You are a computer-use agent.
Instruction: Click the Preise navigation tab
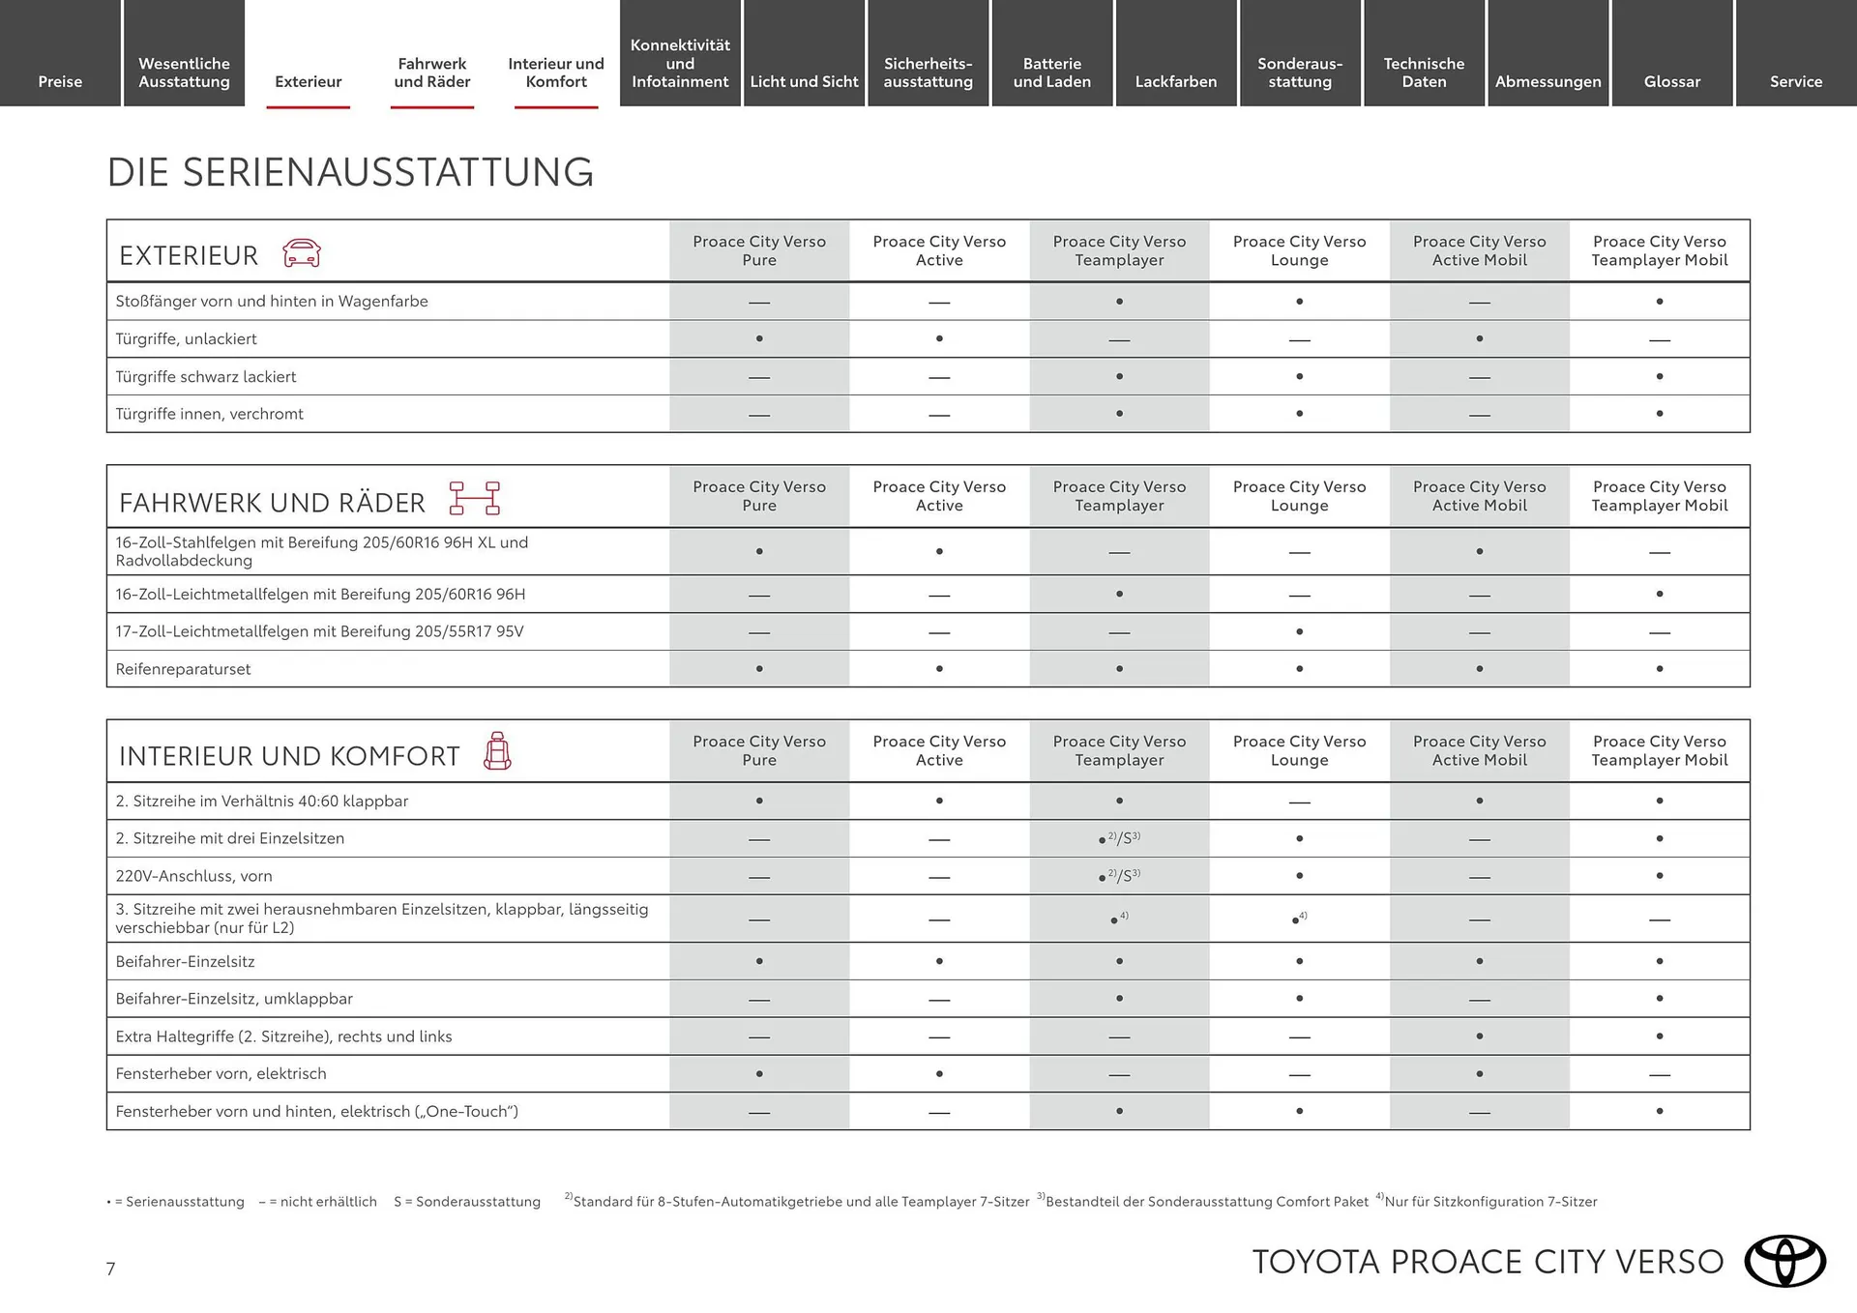(60, 81)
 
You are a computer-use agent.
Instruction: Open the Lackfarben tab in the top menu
(1175, 81)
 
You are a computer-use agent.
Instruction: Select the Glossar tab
(1671, 81)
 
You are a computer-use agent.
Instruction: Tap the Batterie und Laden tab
(1051, 73)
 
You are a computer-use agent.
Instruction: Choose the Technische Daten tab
(1424, 73)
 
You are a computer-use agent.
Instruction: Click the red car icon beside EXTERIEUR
(302, 253)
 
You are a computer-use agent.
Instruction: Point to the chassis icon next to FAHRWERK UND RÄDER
(474, 498)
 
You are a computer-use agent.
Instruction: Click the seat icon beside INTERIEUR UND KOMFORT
(497, 751)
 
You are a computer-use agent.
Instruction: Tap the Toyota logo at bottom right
(1784, 1261)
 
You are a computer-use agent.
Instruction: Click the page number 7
(111, 1269)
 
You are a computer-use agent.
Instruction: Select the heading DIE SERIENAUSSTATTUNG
(350, 172)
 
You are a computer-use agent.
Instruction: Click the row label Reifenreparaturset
(183, 669)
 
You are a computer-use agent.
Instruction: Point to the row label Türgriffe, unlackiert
(186, 339)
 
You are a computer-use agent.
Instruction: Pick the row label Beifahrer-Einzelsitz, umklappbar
(234, 999)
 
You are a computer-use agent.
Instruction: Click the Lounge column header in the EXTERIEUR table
(1299, 250)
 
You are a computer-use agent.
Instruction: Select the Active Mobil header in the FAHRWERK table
(1479, 496)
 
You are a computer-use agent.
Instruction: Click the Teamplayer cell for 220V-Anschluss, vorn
(1119, 876)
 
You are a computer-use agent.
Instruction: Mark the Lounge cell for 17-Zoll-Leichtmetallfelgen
(1299, 632)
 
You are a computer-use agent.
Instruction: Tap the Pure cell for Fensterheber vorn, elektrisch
(759, 1074)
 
